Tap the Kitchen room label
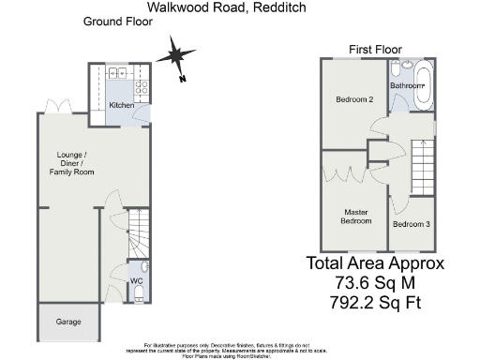[x=120, y=106]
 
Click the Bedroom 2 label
[x=355, y=99]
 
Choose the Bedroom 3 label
[x=412, y=225]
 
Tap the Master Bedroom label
[x=355, y=217]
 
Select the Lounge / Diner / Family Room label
[x=67, y=163]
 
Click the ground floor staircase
[x=138, y=235]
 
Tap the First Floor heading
[x=375, y=49]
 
